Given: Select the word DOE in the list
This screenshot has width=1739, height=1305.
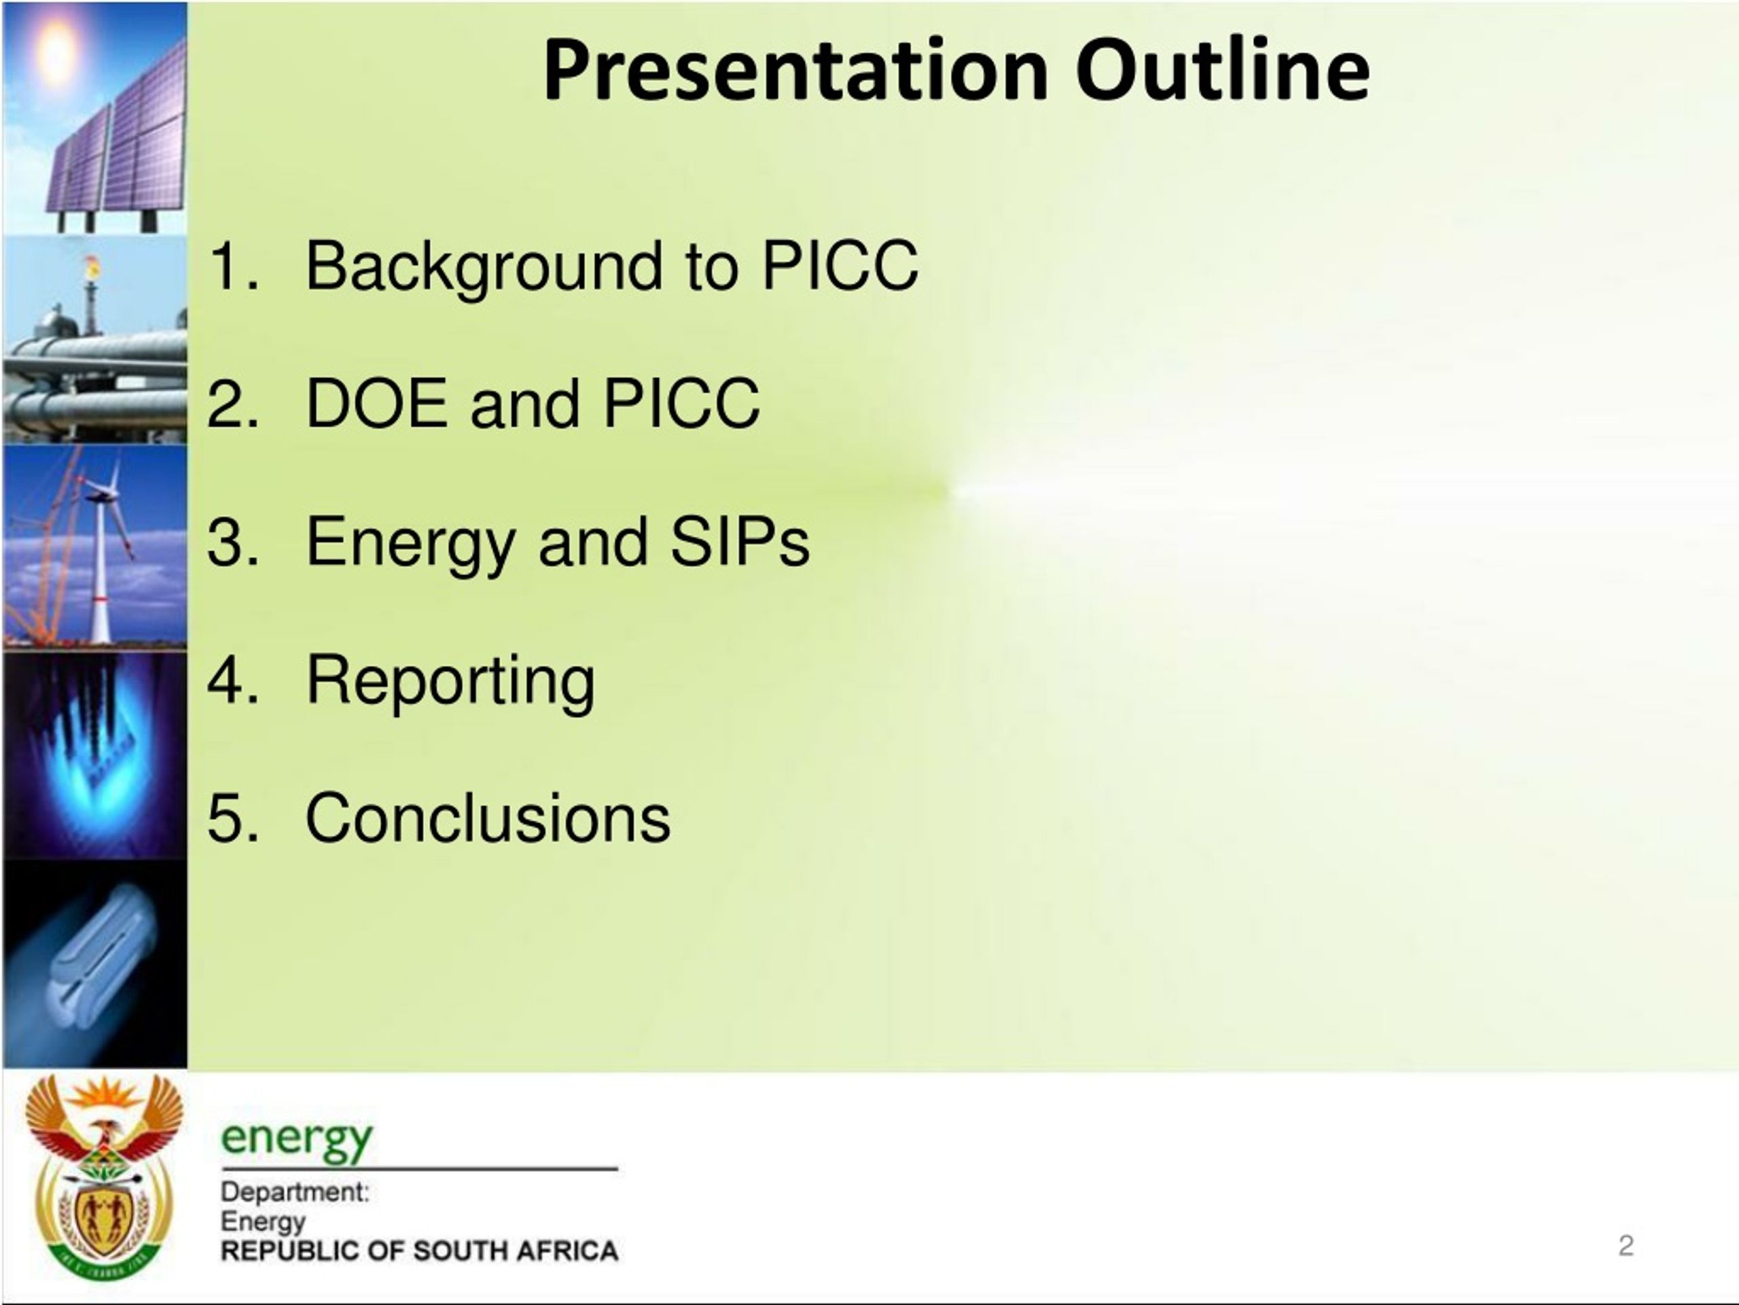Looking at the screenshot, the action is click(x=376, y=403).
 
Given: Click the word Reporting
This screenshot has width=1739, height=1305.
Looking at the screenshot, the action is click(x=450, y=681).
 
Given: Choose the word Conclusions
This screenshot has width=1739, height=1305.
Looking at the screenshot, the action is click(x=488, y=818).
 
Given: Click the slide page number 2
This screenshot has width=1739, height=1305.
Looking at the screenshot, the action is click(x=1626, y=1245).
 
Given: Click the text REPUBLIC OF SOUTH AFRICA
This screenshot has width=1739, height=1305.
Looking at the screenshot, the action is click(x=419, y=1251).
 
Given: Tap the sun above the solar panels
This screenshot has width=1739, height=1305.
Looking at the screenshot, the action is click(x=56, y=51).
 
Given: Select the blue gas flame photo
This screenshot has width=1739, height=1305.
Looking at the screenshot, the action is click(x=95, y=754).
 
